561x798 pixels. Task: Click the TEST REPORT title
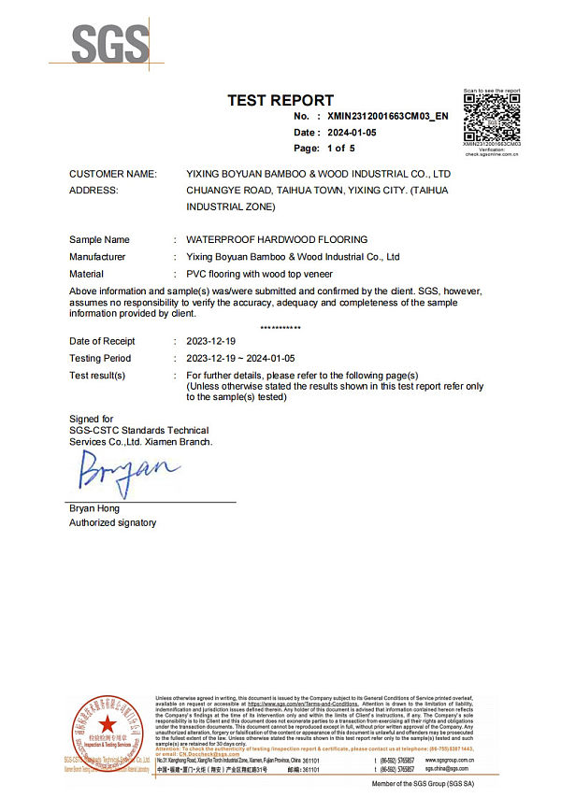pyautogui.click(x=280, y=101)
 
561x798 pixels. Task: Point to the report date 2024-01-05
pyautogui.click(x=352, y=133)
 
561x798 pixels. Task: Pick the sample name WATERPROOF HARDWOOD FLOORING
pyautogui.click(x=277, y=240)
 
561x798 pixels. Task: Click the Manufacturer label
pyautogui.click(x=97, y=256)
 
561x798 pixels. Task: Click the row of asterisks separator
pyautogui.click(x=280, y=328)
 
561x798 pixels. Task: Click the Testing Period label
pyautogui.click(x=100, y=358)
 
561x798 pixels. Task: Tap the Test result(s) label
pyautogui.click(x=97, y=375)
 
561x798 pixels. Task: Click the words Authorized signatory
pyautogui.click(x=112, y=523)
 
